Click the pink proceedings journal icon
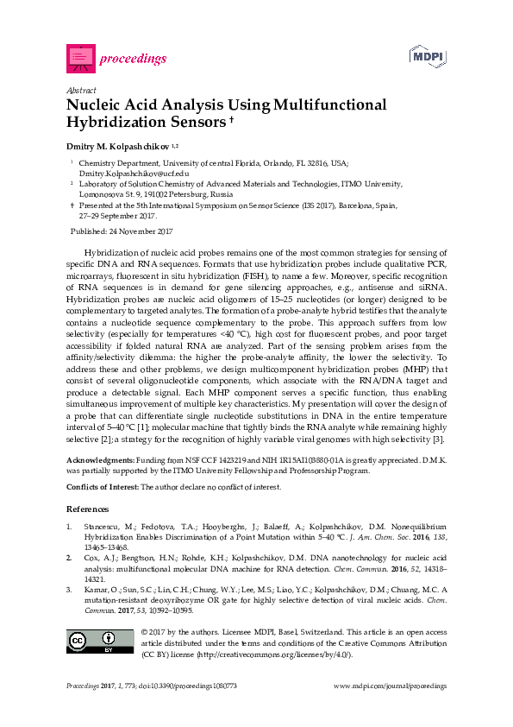tap(80, 59)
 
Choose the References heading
tap(87, 509)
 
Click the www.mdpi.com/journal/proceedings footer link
tap(390, 686)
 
